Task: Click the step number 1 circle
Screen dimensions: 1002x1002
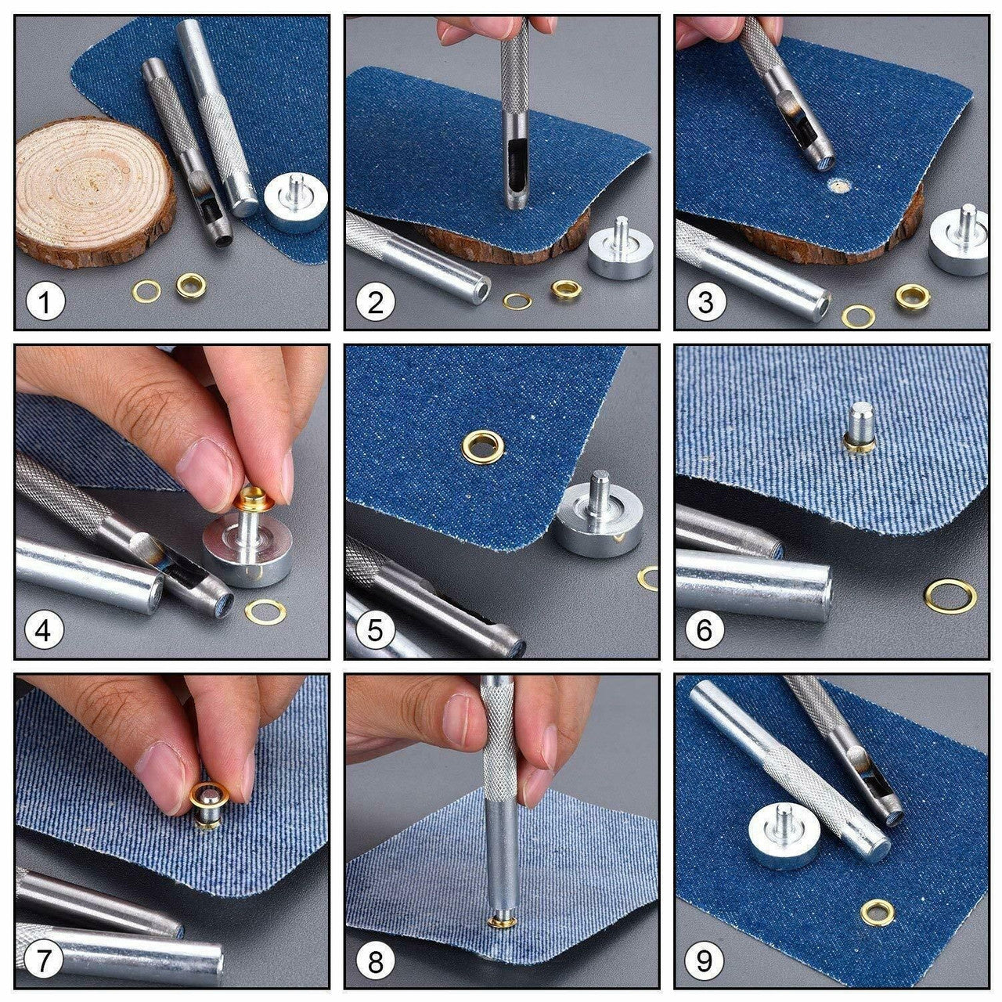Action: tap(45, 301)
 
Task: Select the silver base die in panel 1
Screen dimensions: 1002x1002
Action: tap(296, 204)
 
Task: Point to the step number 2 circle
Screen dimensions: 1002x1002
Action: tap(376, 301)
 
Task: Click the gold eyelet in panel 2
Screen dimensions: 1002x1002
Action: tap(566, 290)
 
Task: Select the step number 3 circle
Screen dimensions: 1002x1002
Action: tap(705, 301)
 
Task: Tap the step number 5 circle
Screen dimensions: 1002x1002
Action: tap(376, 631)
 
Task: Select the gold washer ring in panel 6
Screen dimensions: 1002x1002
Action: tap(950, 597)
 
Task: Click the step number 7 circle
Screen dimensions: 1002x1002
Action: tap(45, 961)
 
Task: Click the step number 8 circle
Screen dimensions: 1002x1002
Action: tap(376, 961)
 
